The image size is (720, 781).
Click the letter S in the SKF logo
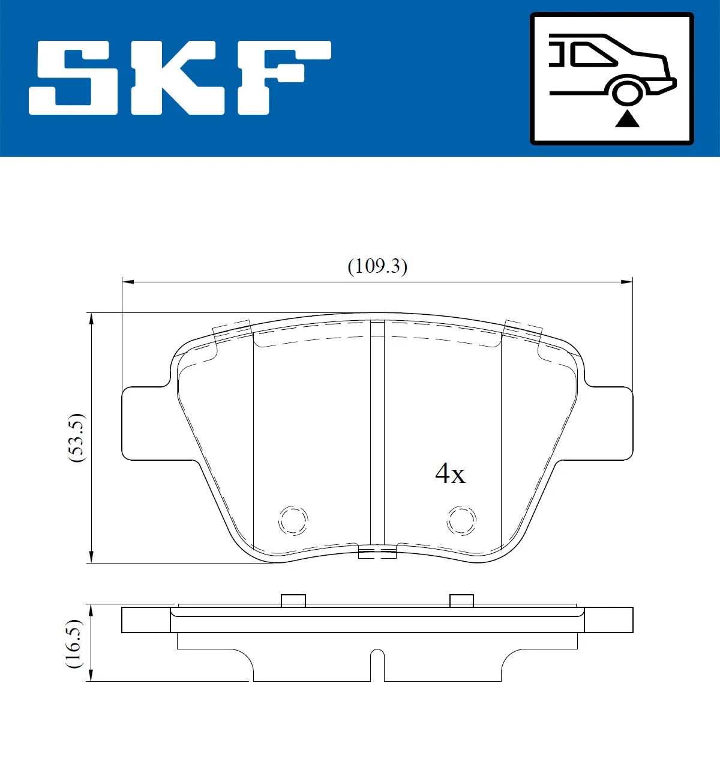pos(76,77)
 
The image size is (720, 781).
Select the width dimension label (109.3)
pos(377,266)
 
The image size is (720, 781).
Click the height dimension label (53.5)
pos(77,437)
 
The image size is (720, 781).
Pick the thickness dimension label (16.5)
pos(73,643)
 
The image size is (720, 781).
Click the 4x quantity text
pos(450,473)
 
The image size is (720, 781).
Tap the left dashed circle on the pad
pos(293,519)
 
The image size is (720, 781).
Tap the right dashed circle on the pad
pos(461,519)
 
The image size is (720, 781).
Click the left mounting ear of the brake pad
pos(144,424)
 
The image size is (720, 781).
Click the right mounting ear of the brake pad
pos(609,424)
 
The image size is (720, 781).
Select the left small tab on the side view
pos(293,600)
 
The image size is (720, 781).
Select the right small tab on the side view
pos(461,600)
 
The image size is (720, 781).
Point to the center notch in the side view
pos(377,664)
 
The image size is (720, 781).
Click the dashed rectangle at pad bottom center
pos(377,552)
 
